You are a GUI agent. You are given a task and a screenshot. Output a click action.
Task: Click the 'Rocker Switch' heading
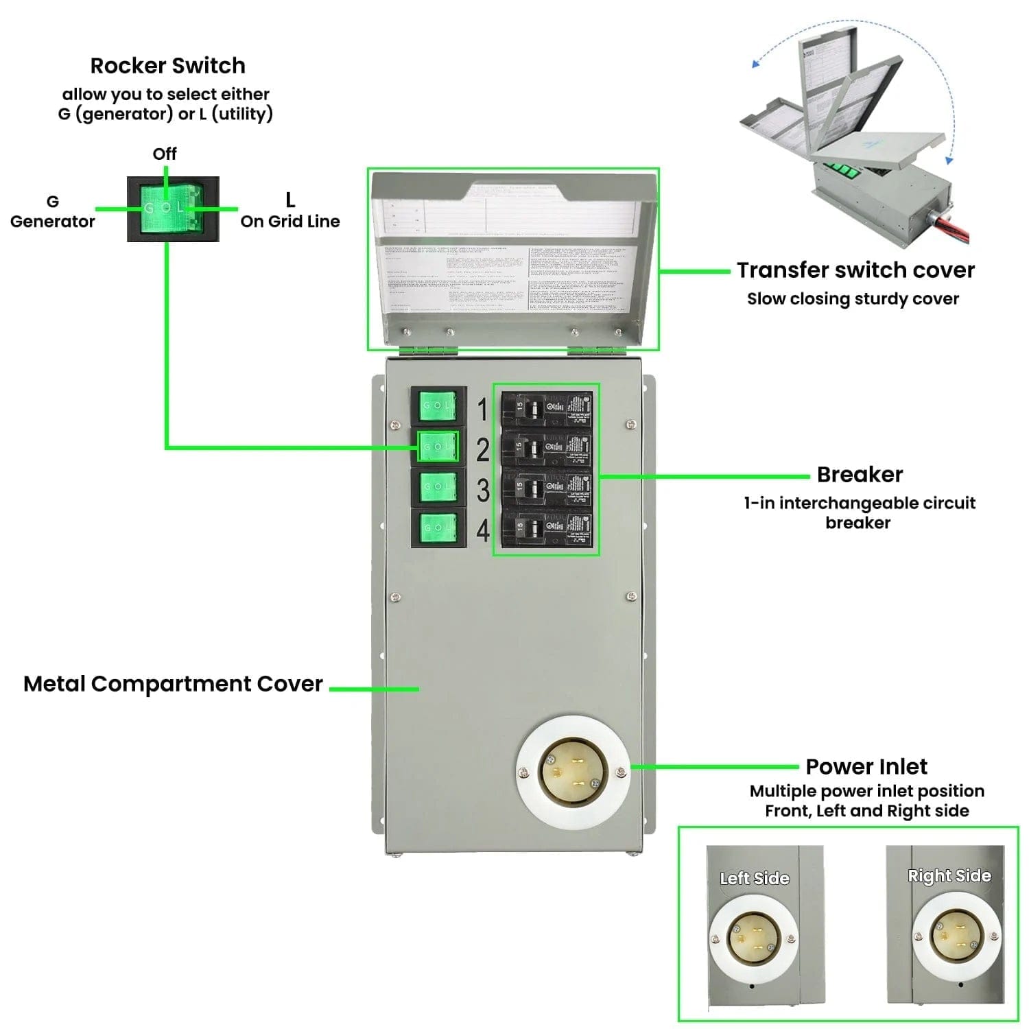click(167, 66)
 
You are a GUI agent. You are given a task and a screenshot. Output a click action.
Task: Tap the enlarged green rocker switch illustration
click(173, 209)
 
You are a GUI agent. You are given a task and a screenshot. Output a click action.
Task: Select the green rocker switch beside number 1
click(438, 406)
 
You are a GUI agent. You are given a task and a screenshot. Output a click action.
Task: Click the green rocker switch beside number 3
click(438, 487)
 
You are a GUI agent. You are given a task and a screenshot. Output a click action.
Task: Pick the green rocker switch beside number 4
click(438, 527)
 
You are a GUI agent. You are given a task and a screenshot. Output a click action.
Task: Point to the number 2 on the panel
click(483, 450)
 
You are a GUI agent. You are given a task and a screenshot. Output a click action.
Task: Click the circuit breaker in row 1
click(546, 409)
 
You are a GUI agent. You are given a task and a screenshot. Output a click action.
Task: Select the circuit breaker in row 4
click(546, 528)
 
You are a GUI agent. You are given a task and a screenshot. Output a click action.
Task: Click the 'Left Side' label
click(755, 878)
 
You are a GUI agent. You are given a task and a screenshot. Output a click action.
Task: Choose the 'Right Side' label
click(949, 875)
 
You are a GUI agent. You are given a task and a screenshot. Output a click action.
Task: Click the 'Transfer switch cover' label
click(855, 270)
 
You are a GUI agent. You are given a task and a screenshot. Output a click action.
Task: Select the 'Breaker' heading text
click(860, 475)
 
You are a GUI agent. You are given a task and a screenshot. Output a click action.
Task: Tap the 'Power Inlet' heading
click(866, 766)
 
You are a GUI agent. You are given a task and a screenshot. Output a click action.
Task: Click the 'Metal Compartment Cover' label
click(173, 684)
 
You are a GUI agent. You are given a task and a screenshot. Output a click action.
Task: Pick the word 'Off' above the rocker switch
click(165, 154)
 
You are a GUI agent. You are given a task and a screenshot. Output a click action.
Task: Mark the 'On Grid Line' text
click(290, 222)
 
